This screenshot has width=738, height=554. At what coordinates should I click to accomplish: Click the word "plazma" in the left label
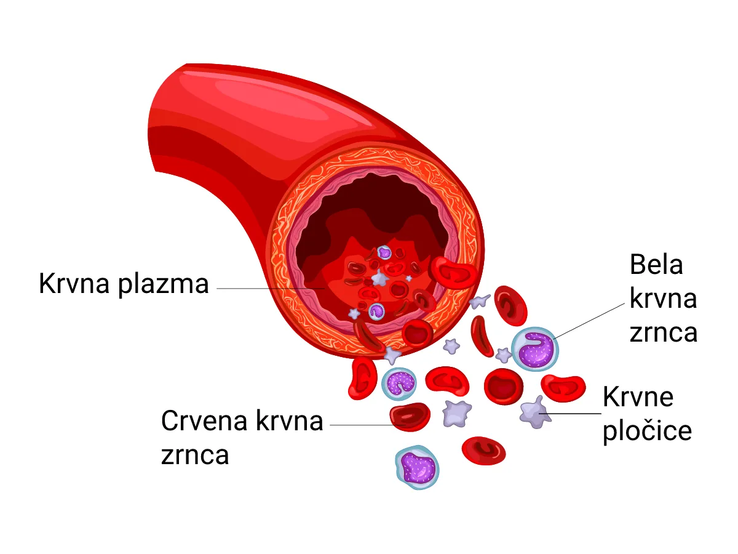point(164,284)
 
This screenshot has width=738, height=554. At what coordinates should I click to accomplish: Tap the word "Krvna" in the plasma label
point(74,283)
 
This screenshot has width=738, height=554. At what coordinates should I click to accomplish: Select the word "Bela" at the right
point(656,265)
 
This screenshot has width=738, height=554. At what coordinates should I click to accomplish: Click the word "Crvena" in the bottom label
point(204,421)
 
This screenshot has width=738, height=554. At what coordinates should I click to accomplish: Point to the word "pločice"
point(647,432)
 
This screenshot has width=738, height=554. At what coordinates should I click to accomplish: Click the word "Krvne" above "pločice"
point(638,397)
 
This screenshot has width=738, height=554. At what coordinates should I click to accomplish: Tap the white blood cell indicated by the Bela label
point(534,348)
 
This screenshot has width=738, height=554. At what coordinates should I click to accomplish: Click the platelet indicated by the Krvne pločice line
point(535,412)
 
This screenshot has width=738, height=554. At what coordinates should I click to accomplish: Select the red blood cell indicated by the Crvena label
point(410,417)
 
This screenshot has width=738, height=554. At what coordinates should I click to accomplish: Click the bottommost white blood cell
point(417,468)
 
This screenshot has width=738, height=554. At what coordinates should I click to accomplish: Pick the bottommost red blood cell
point(483,451)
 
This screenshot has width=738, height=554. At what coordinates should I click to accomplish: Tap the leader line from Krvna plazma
point(271,288)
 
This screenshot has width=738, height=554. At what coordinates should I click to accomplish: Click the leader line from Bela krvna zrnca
point(589,321)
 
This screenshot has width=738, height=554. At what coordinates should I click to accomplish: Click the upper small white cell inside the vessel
point(384,252)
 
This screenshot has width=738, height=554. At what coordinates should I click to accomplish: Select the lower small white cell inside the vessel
point(376,311)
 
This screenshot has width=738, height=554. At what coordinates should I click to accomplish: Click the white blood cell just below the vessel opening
point(399,383)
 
